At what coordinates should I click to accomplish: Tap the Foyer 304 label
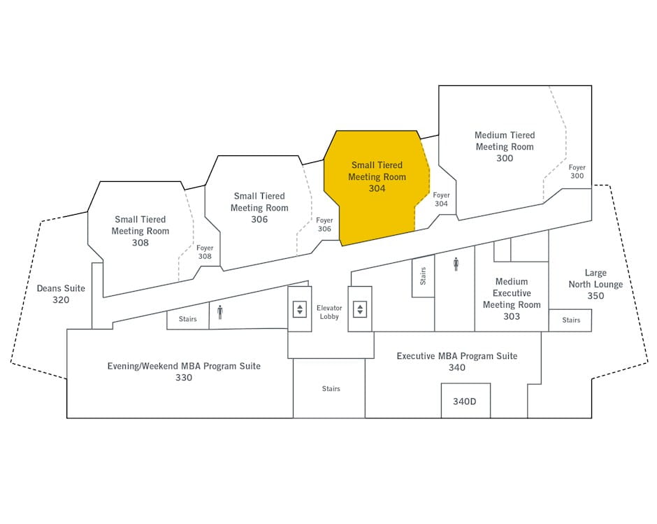pyautogui.click(x=441, y=199)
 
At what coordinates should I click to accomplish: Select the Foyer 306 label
pyautogui.click(x=324, y=225)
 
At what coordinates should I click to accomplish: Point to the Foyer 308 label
pyautogui.click(x=205, y=252)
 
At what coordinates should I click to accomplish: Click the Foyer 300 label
pyautogui.click(x=577, y=171)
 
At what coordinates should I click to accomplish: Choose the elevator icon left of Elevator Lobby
pyautogui.click(x=300, y=309)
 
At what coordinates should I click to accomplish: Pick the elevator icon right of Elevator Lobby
pyautogui.click(x=360, y=309)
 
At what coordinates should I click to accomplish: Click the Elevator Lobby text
pyautogui.click(x=329, y=312)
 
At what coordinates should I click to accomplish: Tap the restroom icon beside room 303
pyautogui.click(x=456, y=264)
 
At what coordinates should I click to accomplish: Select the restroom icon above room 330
pyautogui.click(x=220, y=312)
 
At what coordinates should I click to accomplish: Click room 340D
pyautogui.click(x=465, y=401)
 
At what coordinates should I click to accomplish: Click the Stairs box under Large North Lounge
pyautogui.click(x=570, y=320)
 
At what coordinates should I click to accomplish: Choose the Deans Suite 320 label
pyautogui.click(x=61, y=294)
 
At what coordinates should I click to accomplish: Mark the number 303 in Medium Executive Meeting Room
pyautogui.click(x=512, y=316)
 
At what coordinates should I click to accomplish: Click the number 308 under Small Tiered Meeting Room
pyautogui.click(x=140, y=243)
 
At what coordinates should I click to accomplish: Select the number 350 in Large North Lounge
pyautogui.click(x=595, y=296)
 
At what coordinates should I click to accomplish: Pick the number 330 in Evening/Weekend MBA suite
pyautogui.click(x=184, y=378)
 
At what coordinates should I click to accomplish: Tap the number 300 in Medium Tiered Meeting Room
pyautogui.click(x=505, y=158)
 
